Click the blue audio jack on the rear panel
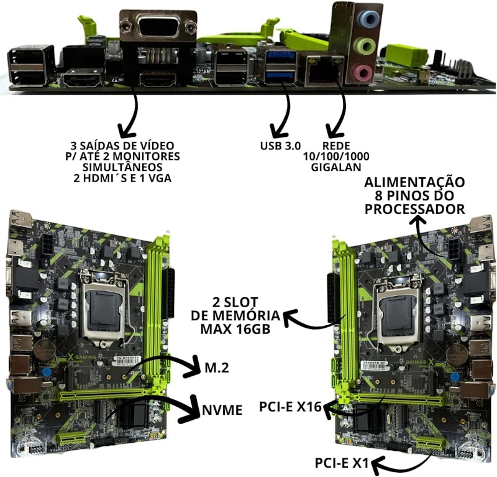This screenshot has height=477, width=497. click(368, 18)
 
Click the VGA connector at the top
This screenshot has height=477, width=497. click(158, 27)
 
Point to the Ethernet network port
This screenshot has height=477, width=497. click(321, 70)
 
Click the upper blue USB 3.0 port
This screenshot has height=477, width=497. click(281, 57)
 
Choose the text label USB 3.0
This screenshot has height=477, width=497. click(280, 146)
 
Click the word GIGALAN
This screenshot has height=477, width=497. click(336, 167)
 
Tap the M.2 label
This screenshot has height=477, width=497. click(217, 368)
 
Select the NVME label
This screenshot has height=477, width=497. click(222, 410)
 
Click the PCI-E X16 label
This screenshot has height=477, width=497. click(290, 407)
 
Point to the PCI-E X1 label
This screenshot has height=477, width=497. click(342, 463)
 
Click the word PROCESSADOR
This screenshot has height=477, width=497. click(414, 209)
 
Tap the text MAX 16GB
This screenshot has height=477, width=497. click(235, 329)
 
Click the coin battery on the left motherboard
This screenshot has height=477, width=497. click(45, 351)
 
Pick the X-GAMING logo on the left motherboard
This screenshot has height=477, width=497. click(83, 357)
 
